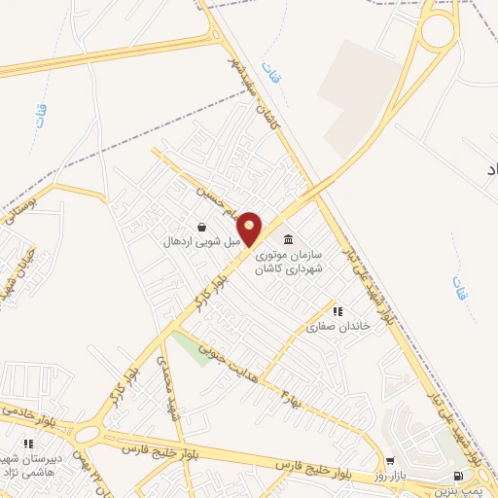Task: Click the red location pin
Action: [250, 228]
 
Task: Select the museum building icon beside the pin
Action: [287, 240]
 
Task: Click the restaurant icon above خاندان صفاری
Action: [338, 311]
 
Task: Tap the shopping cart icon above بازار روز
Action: [390, 462]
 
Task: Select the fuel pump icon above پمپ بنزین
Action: [457, 476]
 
